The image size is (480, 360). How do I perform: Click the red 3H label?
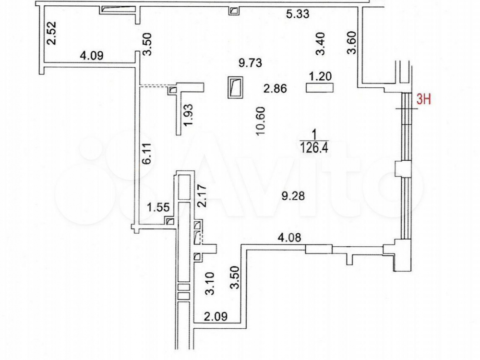423,99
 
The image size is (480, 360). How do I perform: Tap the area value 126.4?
314,148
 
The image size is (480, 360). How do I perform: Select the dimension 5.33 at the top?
297,14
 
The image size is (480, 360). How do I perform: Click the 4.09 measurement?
92,56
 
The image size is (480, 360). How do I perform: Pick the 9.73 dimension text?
251,63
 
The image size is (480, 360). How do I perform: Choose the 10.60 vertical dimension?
261,121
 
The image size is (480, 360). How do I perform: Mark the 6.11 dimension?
147,154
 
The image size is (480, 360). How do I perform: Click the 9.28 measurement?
293,196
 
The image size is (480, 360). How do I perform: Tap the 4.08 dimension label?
289,237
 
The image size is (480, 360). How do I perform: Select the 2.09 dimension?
216,316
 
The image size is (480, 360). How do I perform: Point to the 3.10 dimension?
210,284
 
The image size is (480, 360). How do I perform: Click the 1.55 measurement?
158,207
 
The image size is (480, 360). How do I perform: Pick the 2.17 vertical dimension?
202,196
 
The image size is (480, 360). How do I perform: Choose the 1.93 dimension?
188,115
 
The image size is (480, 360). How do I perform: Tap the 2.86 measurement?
275,88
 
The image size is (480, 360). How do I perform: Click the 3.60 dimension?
352,43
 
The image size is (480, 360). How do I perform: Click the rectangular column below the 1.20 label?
320,88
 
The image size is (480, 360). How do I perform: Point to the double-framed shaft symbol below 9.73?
235,87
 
